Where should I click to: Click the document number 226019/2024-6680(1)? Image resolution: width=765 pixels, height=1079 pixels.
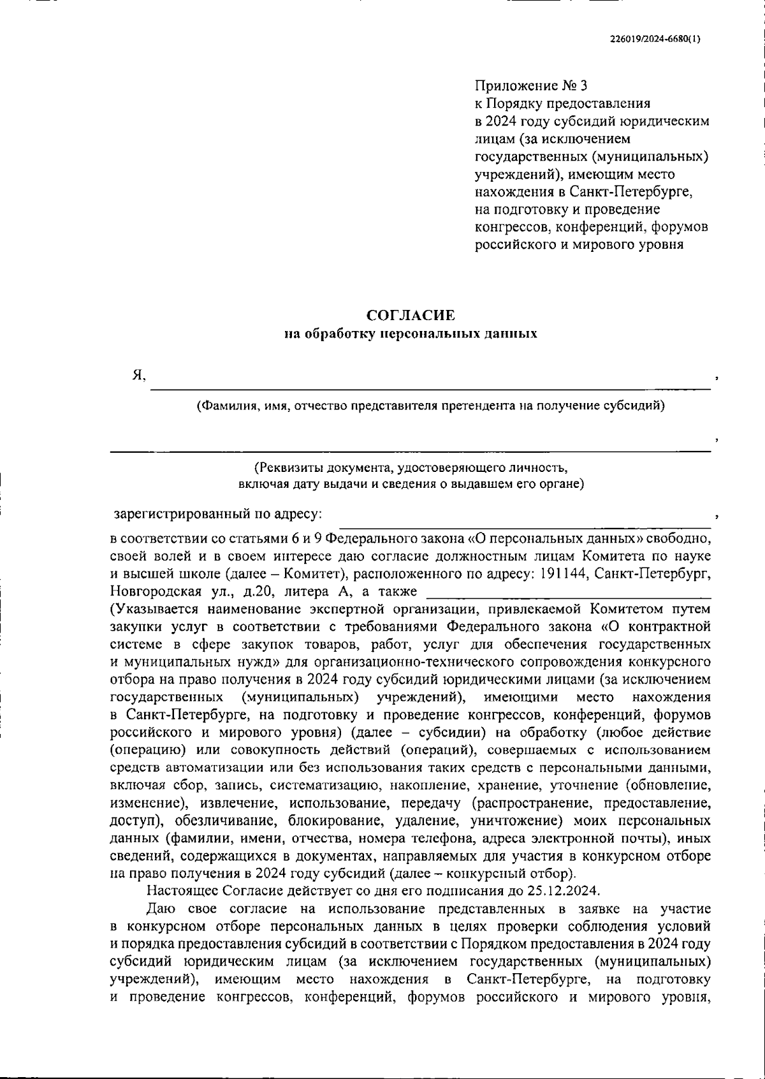(x=654, y=38)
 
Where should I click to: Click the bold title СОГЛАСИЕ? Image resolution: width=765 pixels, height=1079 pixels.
(x=411, y=315)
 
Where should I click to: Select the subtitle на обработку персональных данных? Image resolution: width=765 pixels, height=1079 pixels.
(x=411, y=334)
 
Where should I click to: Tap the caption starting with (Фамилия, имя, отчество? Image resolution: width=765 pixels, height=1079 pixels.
(x=430, y=406)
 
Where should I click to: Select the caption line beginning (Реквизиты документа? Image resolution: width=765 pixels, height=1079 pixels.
(x=411, y=467)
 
